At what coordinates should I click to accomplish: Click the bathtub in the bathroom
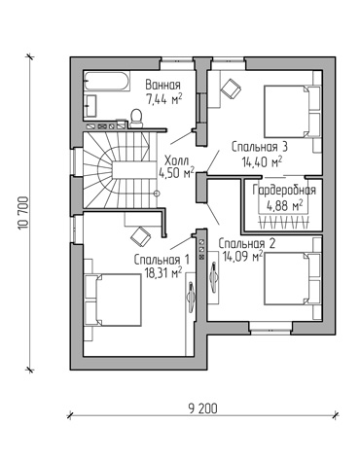click(x=107, y=81)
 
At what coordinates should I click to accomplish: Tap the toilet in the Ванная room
click(x=136, y=119)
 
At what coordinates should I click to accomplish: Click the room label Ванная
click(x=162, y=85)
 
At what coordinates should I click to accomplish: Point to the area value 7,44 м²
click(x=163, y=99)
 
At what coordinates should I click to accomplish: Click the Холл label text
click(x=176, y=160)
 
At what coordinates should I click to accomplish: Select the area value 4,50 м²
click(x=176, y=173)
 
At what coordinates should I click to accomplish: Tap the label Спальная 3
click(x=260, y=147)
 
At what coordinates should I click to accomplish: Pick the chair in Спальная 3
click(x=232, y=88)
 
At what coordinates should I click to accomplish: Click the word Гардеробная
click(x=284, y=191)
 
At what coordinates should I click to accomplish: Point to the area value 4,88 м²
click(x=284, y=205)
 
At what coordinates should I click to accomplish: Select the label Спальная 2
click(x=247, y=243)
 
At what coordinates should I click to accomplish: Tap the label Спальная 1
click(x=162, y=260)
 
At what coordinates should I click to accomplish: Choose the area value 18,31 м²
click(x=163, y=273)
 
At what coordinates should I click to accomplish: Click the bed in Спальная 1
click(x=113, y=300)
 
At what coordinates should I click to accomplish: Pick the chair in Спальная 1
click(x=141, y=236)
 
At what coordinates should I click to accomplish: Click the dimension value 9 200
click(x=202, y=408)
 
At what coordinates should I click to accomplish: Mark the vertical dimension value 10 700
click(x=23, y=213)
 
